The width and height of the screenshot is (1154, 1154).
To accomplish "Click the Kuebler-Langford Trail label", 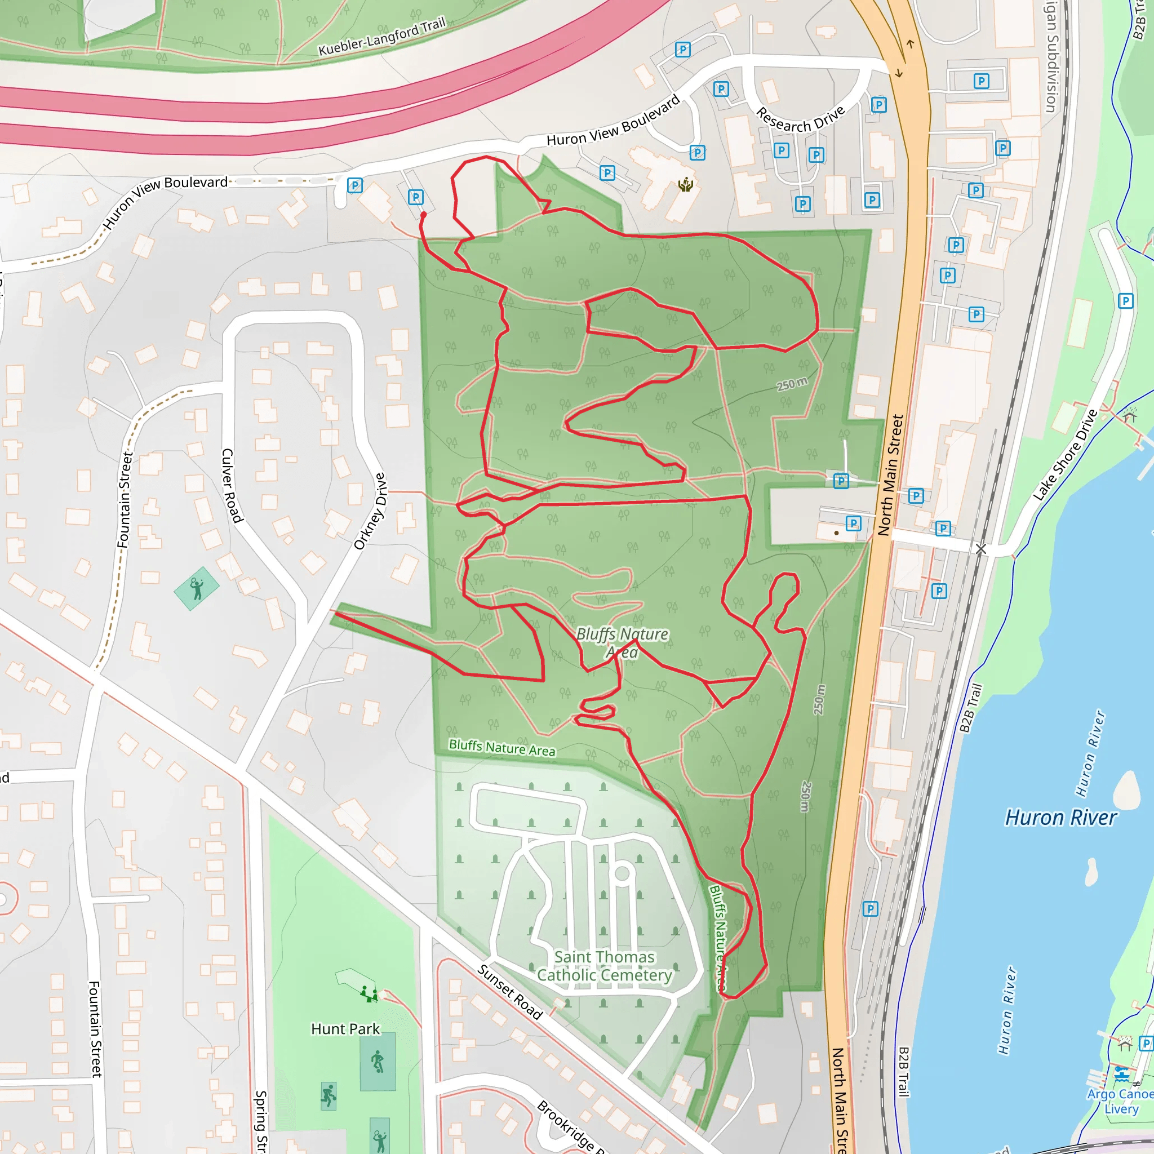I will (x=382, y=37).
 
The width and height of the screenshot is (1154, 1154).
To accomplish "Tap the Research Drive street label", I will (x=800, y=119).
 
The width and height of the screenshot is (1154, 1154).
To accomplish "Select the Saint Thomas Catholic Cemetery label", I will (x=604, y=966).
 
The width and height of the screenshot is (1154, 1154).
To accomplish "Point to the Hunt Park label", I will (x=345, y=1028).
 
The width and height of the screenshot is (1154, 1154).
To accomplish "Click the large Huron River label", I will (x=1060, y=817).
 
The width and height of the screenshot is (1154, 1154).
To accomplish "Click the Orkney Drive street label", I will (x=370, y=511).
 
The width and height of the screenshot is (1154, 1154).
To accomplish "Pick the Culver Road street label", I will (x=232, y=485).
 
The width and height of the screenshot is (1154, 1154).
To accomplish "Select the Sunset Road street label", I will (x=509, y=992).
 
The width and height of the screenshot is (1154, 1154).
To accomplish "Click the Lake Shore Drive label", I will (x=1066, y=455).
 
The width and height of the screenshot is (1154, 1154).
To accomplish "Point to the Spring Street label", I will (x=261, y=1121).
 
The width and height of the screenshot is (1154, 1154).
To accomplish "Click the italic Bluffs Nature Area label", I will (x=622, y=642).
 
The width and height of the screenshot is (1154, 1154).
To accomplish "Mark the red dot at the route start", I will (x=424, y=215).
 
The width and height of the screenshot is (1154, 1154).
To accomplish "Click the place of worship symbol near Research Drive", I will (x=686, y=185).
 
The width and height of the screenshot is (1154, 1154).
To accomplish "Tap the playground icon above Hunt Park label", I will (x=369, y=994).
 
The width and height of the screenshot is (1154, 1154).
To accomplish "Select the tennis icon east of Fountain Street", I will (x=197, y=588).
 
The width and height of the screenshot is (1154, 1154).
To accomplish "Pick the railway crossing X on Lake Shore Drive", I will (x=981, y=548).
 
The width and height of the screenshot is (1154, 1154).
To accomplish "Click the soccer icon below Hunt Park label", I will (x=378, y=1062).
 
